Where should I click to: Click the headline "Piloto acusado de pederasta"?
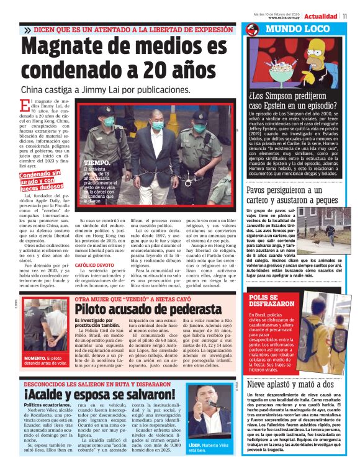click(148, 309)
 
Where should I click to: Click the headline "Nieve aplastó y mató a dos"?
click(286, 384)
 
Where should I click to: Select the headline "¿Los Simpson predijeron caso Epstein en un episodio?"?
click(293, 100)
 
